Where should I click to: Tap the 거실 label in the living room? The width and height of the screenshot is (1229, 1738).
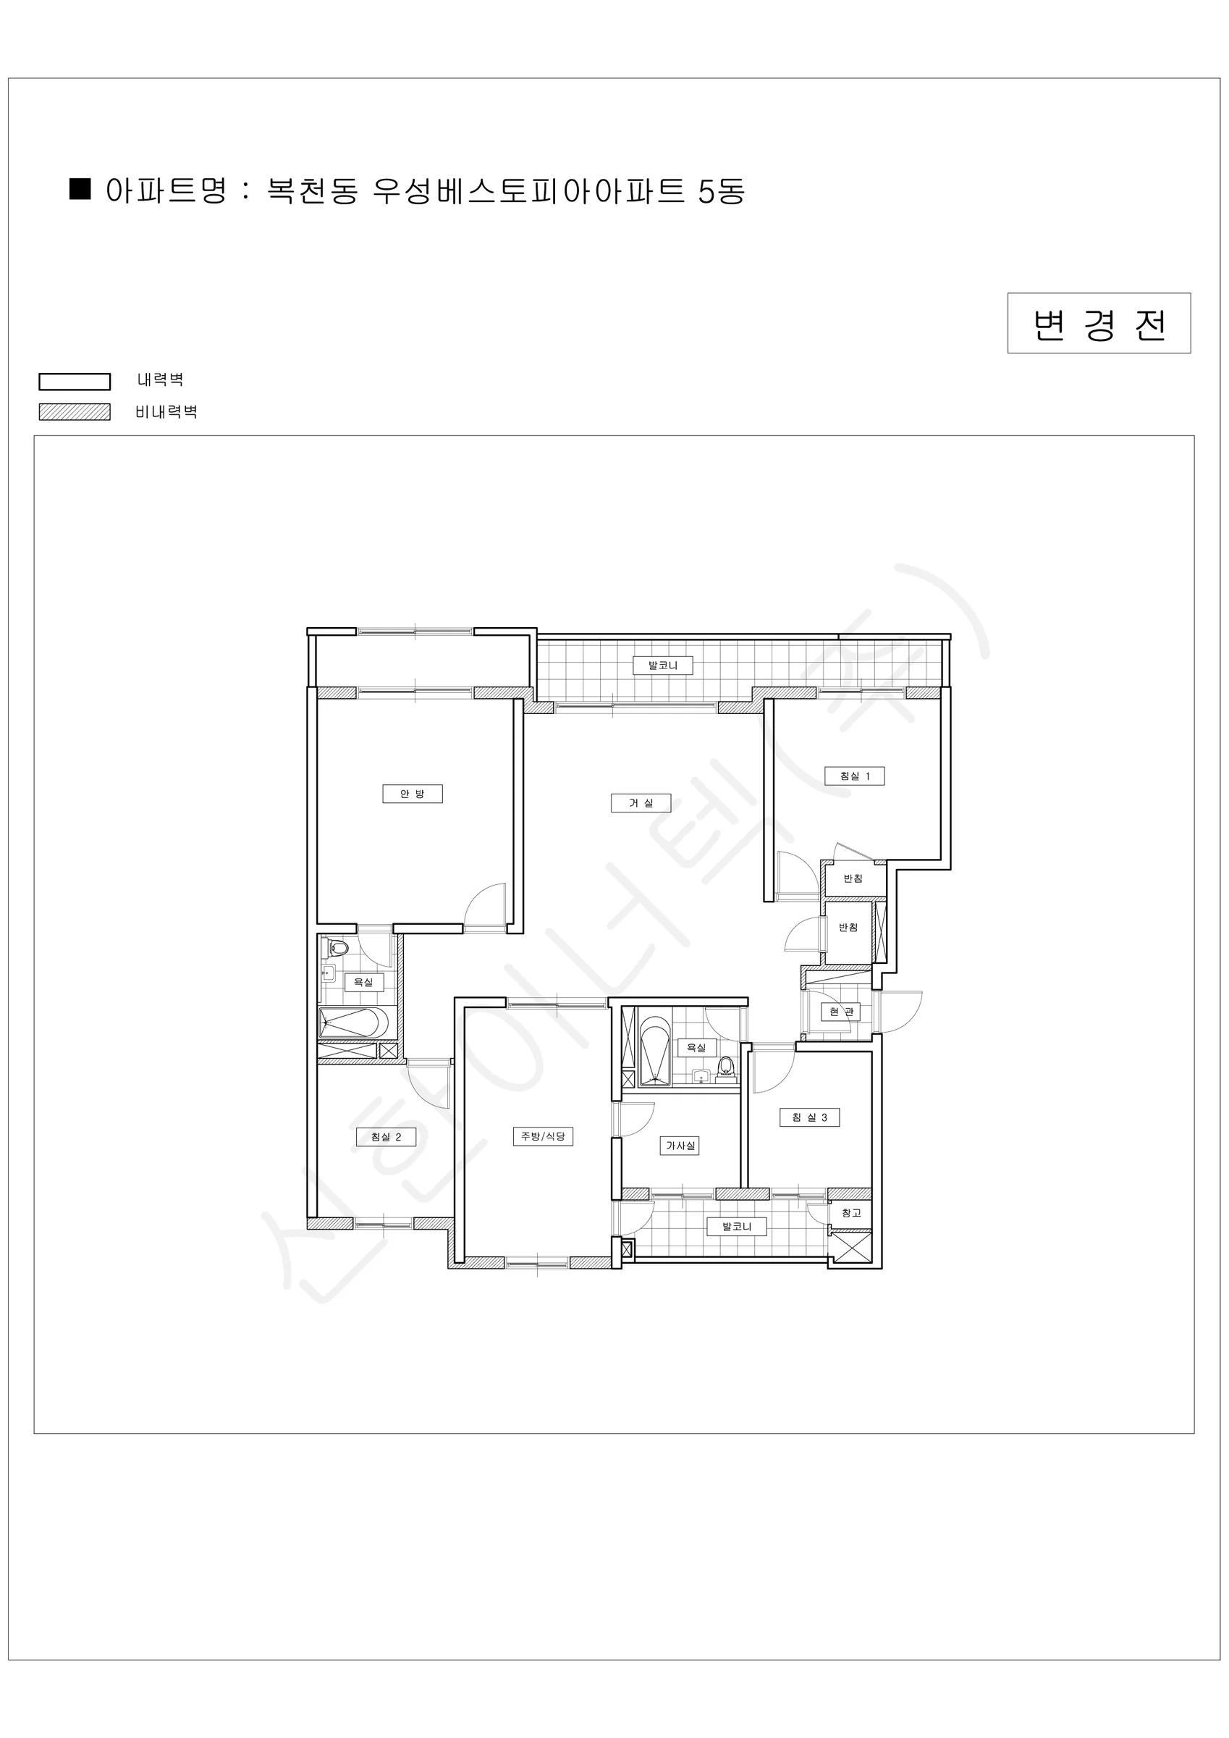coord(641,802)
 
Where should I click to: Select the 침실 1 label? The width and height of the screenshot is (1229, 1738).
coord(854,776)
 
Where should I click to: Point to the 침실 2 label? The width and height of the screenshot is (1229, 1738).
coord(386,1137)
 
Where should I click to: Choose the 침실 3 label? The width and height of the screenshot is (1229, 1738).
coord(810,1117)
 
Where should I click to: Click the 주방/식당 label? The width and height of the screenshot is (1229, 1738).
coord(544,1136)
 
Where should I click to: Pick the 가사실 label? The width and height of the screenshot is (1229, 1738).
coord(680,1146)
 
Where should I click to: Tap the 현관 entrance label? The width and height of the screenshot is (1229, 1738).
coord(840,1012)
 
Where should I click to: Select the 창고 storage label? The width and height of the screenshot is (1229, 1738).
coord(851,1213)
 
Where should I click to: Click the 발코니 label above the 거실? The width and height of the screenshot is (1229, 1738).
coord(663,666)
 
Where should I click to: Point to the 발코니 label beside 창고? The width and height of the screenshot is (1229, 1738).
coord(736,1226)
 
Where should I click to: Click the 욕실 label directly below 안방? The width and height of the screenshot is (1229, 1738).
coord(364,982)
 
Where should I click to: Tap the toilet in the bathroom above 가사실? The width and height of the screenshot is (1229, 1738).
coord(727,1067)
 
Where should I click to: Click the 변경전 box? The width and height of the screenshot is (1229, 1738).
coord(1099,323)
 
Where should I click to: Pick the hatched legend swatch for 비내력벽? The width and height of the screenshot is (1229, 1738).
coord(75,412)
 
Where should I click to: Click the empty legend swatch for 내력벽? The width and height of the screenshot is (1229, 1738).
coord(75,382)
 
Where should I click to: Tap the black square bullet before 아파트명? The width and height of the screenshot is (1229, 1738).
coord(80,188)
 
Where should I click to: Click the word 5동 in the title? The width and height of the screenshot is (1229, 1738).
coord(722,190)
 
